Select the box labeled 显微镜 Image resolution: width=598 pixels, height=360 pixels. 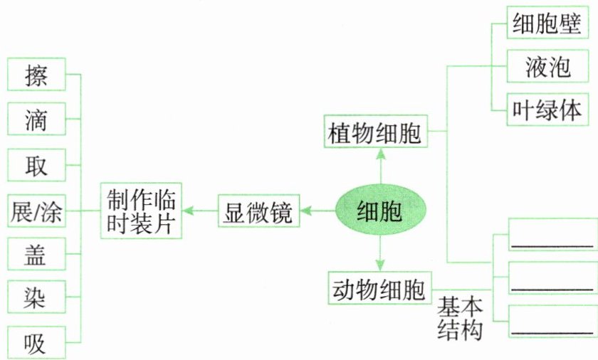[x=258, y=211]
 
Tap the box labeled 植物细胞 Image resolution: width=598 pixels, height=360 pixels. [x=375, y=132]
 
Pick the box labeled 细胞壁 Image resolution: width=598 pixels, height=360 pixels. [x=547, y=26]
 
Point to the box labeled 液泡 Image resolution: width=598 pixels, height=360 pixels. [x=547, y=68]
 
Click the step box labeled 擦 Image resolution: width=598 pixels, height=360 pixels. [x=36, y=75]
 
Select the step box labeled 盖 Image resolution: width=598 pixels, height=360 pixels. [x=36, y=254]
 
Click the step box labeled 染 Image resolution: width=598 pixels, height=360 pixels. [x=36, y=298]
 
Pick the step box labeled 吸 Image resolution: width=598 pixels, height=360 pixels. [x=36, y=343]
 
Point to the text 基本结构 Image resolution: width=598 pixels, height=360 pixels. [x=460, y=319]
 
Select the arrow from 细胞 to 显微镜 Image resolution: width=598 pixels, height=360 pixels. [x=318, y=210]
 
